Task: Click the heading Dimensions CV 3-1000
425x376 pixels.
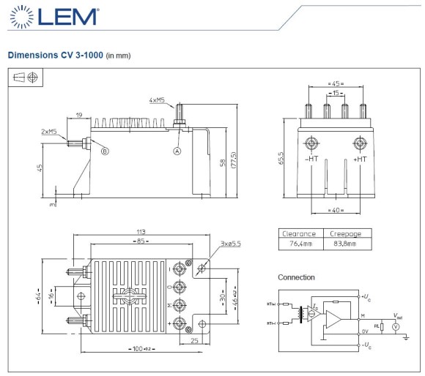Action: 55,55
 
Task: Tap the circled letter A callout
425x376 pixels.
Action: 177,151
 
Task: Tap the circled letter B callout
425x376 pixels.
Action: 105,151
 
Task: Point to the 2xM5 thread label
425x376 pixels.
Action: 50,132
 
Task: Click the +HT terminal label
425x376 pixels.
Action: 360,158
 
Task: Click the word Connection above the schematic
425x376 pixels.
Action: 296,277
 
